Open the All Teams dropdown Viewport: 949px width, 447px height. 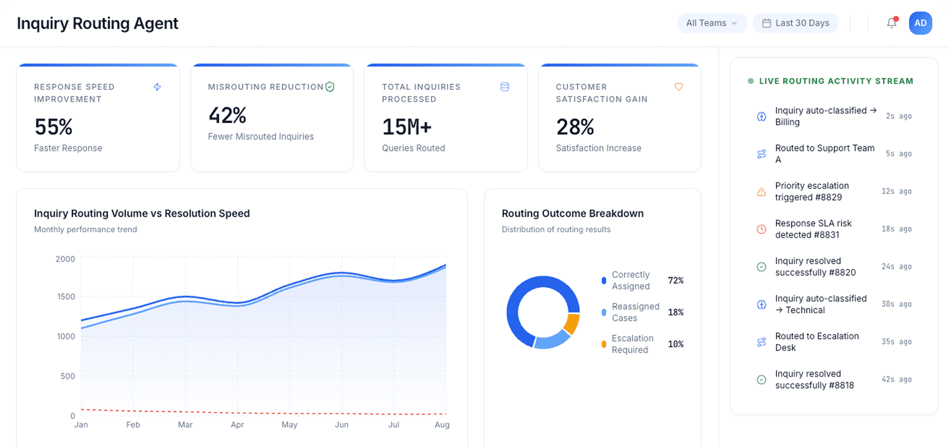711,23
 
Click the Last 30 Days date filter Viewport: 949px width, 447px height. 795,23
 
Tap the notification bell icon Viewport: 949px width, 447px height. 891,23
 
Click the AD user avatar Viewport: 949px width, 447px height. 920,23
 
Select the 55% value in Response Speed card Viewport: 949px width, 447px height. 54,127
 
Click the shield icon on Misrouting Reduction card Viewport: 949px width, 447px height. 330,87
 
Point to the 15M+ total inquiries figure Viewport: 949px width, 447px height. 407,127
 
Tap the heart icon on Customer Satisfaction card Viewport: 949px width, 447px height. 678,87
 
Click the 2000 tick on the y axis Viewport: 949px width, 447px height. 65,259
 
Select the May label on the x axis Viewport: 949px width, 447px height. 289,425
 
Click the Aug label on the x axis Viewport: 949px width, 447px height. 442,425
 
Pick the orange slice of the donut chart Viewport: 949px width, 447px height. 572,324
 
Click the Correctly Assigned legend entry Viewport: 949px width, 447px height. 631,281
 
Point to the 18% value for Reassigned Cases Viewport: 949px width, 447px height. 676,312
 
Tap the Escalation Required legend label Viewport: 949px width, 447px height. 632,344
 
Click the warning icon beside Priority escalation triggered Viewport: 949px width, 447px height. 761,192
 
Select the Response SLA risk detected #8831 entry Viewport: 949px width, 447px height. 813,229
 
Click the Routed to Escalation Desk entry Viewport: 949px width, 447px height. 816,342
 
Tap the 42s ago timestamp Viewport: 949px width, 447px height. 896,379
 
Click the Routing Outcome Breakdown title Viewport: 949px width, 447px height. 572,213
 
